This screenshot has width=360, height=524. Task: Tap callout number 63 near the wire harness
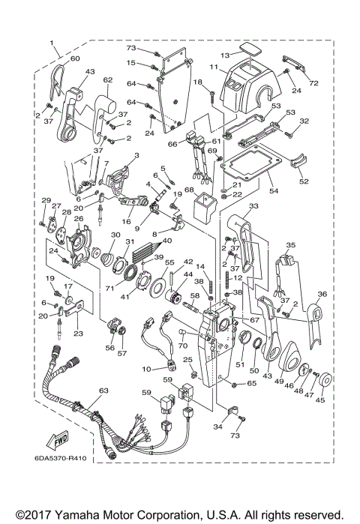pos(103,391)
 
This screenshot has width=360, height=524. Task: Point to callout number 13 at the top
pos(224,55)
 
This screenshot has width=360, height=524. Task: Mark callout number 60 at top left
pos(74,58)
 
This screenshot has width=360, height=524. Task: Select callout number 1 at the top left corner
pos(52,43)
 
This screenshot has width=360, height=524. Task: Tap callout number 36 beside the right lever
pos(322,295)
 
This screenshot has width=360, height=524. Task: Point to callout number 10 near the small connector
pos(147,369)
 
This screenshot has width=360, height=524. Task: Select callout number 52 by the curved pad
pos(304,181)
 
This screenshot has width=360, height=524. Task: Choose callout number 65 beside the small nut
pos(252,383)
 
